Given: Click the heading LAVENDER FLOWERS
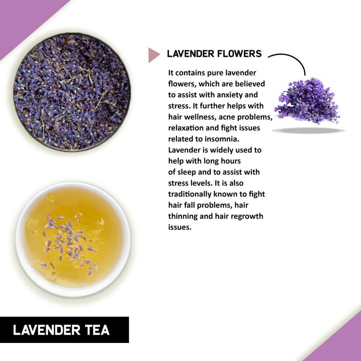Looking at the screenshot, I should click(214, 54).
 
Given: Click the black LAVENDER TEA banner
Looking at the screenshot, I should click(64, 330).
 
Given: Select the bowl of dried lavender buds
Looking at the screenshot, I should click(72, 93).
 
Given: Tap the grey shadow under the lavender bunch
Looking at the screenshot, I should click(308, 130).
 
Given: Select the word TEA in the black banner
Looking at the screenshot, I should click(95, 330).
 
